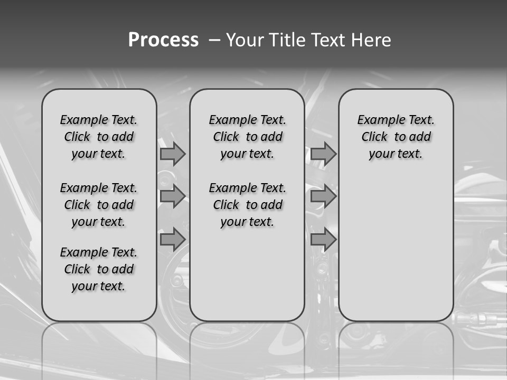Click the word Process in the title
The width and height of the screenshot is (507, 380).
163,40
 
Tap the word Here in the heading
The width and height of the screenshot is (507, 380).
372,40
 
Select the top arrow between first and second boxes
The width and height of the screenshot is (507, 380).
173,154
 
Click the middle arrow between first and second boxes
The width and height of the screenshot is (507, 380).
173,197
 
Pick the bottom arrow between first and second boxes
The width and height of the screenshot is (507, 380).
173,240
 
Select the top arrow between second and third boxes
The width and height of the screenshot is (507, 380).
323,154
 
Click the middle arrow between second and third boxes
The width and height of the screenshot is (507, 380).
323,197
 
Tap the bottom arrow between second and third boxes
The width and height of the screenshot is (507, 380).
323,240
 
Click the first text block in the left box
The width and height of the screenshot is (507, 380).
99,137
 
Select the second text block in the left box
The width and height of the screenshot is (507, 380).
99,205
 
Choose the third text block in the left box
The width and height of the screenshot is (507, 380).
99,269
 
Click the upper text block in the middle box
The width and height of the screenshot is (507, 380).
247,137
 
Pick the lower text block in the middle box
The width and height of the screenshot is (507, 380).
247,205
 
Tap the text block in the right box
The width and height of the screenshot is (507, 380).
396,137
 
